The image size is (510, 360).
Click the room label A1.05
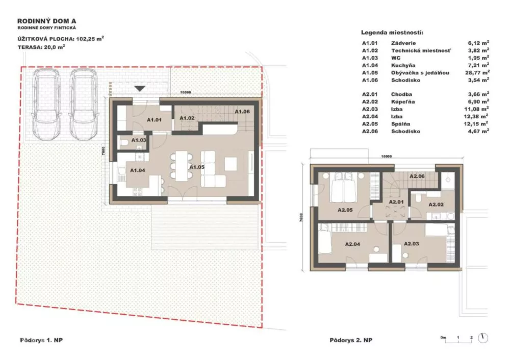(197, 167)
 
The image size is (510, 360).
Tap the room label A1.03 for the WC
(139, 140)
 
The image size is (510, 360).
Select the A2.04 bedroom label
(352, 244)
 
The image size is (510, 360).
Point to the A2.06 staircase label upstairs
(417, 176)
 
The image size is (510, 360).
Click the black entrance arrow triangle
(140, 88)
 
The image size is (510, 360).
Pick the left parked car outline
(46, 104)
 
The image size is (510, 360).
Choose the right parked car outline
(84, 104)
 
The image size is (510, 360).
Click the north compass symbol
(483, 338)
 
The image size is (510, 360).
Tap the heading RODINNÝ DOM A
(47, 21)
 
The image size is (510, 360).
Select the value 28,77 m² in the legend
(477, 72)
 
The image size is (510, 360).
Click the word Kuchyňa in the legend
(403, 65)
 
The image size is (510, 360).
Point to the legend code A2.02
(370, 102)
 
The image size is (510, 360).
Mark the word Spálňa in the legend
(401, 124)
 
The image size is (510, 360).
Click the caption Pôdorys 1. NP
(41, 340)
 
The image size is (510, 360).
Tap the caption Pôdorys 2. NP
(351, 340)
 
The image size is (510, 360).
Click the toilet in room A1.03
(123, 142)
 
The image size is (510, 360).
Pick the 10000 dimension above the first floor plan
(186, 92)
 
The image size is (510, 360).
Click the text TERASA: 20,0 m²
(41, 47)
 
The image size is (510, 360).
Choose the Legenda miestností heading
(392, 33)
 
